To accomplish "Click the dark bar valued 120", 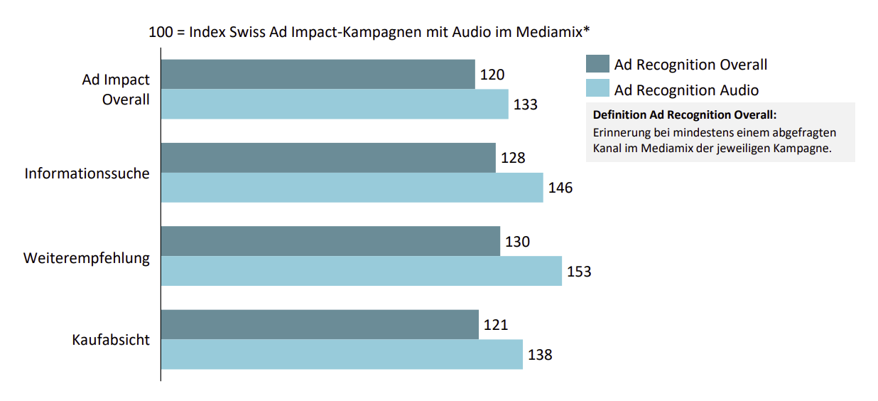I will point(318,74).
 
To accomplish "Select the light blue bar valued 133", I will point(335,104).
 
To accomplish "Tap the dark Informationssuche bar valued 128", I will point(328,158).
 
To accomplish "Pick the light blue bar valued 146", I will point(352,188).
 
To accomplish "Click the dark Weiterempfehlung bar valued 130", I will point(330,241).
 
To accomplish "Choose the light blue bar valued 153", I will point(361,271).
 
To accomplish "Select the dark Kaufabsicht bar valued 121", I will point(320,324).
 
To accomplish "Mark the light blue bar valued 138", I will point(342,354).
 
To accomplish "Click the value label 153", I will point(579,272).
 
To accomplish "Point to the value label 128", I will point(513,158).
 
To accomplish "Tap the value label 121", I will point(496,325).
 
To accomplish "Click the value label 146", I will point(560,188).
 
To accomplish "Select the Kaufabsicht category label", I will point(111,340).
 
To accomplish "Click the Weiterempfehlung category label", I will point(87,257).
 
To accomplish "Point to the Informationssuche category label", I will point(87,173).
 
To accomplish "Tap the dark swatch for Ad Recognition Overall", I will point(597,64).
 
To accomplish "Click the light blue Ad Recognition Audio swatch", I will point(597,89).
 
